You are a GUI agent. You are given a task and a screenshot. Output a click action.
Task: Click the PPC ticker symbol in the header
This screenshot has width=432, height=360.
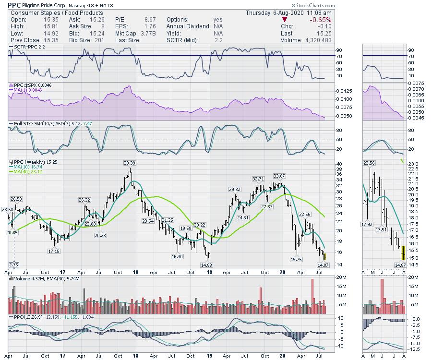click(14, 5)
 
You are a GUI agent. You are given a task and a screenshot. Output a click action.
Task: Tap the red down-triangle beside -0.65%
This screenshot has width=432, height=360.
click(285, 20)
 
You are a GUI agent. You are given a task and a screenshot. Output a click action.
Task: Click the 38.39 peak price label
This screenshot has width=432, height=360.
click(130, 163)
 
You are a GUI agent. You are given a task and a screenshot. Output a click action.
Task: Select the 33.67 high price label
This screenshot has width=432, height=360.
click(279, 175)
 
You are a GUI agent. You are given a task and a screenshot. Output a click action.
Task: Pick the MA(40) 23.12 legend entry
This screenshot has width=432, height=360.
click(28, 171)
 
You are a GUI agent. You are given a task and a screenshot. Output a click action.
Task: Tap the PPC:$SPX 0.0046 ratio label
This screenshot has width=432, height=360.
click(31, 85)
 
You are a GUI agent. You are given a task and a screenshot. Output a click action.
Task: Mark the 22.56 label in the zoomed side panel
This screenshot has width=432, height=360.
click(370, 163)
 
